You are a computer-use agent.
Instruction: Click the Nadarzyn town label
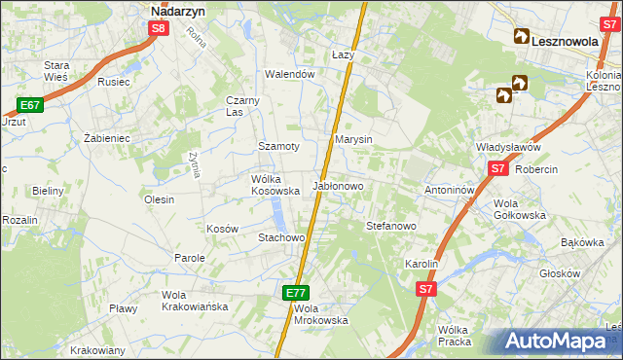177,11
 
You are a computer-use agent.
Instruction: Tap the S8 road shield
160,29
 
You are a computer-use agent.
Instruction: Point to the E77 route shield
298,292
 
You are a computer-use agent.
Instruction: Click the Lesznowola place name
568,40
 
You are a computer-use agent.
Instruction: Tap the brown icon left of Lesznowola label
521,39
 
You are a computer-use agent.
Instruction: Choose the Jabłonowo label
338,185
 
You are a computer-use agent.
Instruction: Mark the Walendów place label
290,74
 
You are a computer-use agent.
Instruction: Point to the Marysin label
354,140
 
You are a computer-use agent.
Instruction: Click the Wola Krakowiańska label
195,301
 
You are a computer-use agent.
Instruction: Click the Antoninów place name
449,190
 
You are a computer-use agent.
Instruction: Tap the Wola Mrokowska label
320,314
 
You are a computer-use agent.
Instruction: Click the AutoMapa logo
557,342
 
